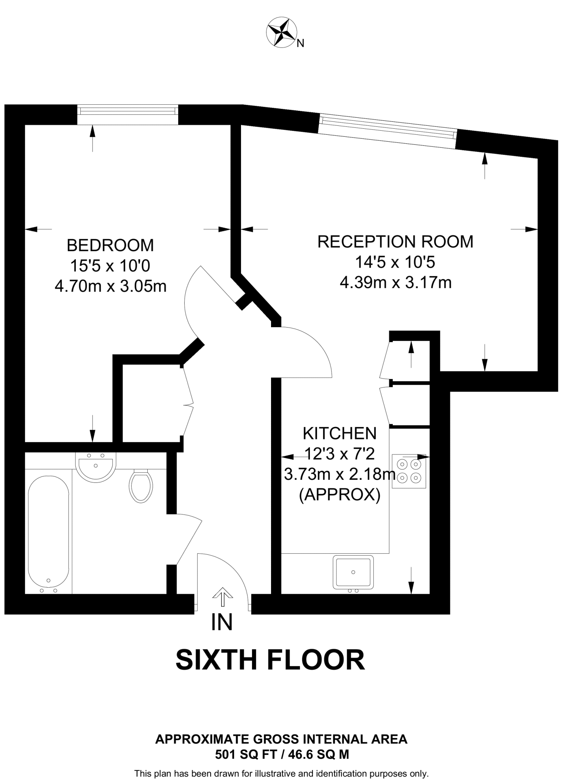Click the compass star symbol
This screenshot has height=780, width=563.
point(282,32)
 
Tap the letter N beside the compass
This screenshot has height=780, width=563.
point(300,44)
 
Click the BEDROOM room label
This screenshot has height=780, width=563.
point(110,245)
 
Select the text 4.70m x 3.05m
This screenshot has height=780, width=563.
point(110,286)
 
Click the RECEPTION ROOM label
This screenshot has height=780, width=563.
point(395,242)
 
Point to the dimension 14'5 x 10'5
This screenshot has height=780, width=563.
point(395,262)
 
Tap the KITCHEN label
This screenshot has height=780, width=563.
point(340,433)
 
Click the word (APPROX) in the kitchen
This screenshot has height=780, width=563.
point(340,495)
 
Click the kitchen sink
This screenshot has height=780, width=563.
point(353,572)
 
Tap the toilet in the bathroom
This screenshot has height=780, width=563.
point(141,486)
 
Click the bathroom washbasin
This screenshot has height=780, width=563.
point(95,467)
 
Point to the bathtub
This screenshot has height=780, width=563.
point(48,533)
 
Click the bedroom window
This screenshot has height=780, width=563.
point(128,111)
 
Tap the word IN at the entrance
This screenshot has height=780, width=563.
point(222,623)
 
